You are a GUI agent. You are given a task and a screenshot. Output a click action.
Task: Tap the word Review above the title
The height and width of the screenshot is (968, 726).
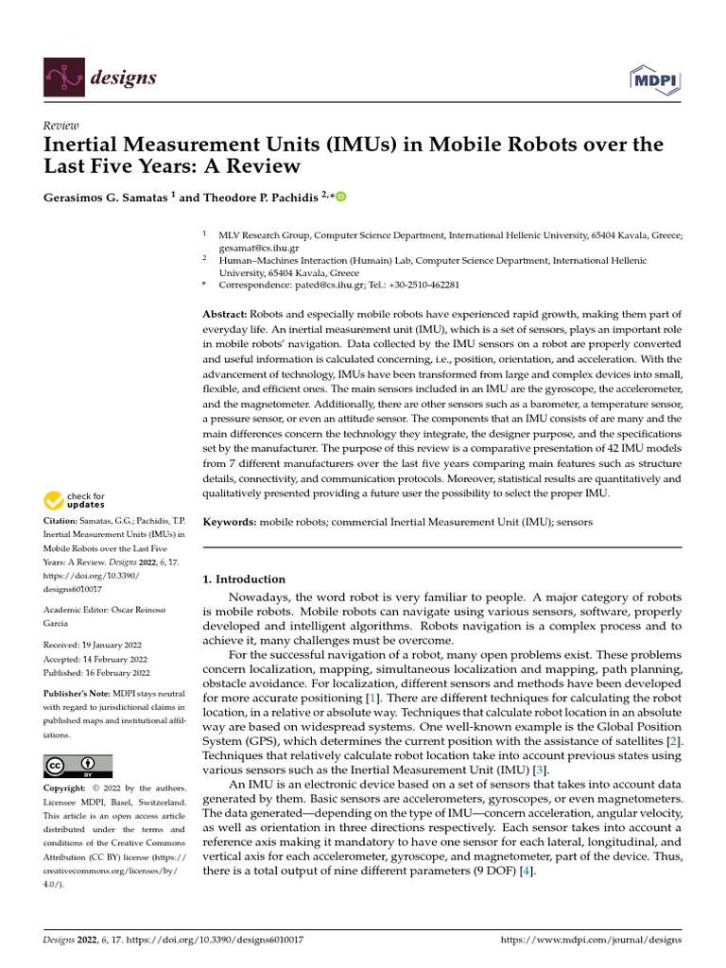click(61, 126)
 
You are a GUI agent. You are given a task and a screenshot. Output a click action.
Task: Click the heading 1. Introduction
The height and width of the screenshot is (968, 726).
click(245, 579)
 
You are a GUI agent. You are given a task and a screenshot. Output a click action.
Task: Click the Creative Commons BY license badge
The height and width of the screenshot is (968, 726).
click(78, 765)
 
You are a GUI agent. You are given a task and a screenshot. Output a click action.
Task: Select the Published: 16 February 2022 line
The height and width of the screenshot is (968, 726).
click(97, 672)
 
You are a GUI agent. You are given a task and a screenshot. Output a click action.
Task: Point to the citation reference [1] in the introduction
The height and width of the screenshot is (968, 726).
click(372, 698)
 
